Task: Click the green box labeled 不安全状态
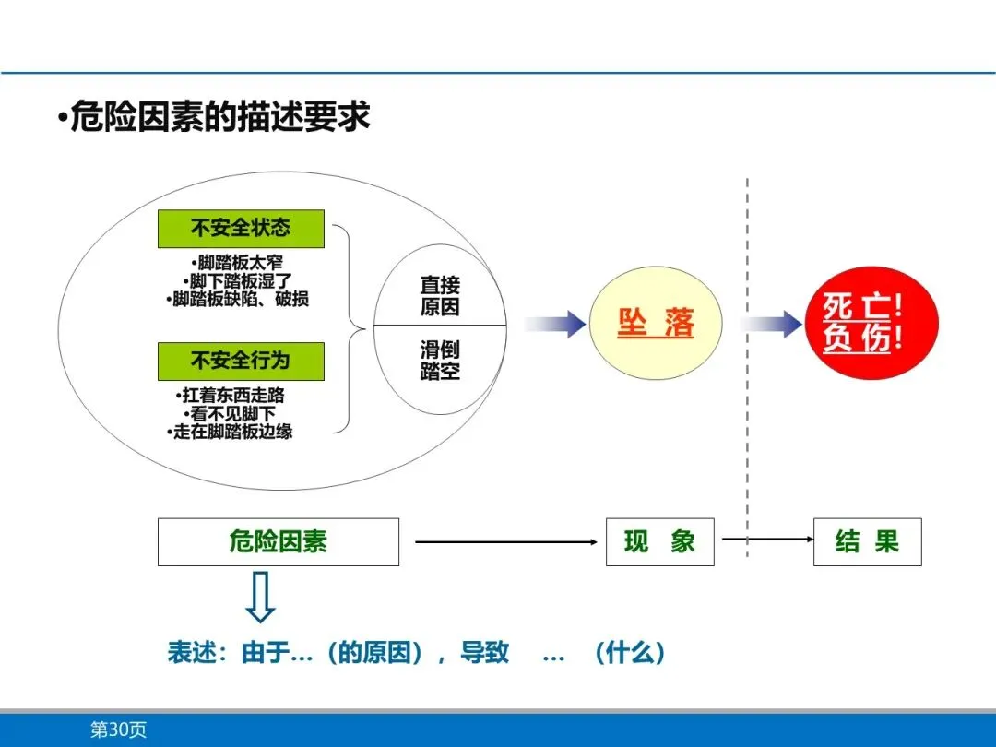coord(241,228)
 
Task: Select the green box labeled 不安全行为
coord(241,361)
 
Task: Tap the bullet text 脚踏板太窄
coord(241,263)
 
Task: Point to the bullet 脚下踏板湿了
coord(241,280)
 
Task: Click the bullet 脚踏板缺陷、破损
coord(241,299)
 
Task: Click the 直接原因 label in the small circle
coord(440,296)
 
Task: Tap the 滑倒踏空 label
coord(440,361)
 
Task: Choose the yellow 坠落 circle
coord(655,324)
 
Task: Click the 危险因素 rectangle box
coord(279,541)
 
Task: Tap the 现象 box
coord(659,541)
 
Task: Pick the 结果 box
coord(867,541)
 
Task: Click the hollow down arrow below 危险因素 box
coord(261,598)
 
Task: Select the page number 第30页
coord(118,729)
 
